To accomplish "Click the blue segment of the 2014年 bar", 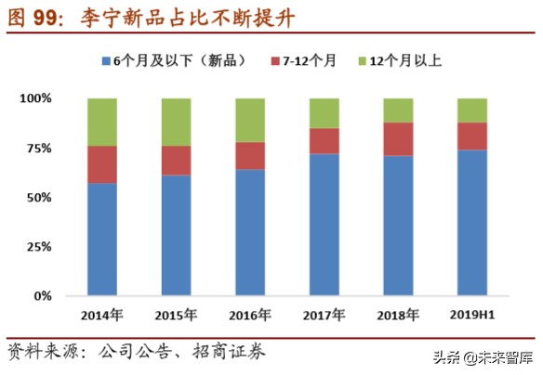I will click(102, 239).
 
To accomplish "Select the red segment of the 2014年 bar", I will click(102, 164).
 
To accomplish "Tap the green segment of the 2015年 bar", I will click(176, 122).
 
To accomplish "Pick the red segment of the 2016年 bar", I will click(250, 155).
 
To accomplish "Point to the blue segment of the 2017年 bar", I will click(324, 225).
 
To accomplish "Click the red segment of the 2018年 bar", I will click(398, 139).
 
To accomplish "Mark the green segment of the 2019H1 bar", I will click(471, 110).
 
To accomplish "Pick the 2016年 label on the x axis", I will click(250, 315).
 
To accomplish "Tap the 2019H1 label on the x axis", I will click(471, 315).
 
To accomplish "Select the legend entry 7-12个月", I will click(311, 61).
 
